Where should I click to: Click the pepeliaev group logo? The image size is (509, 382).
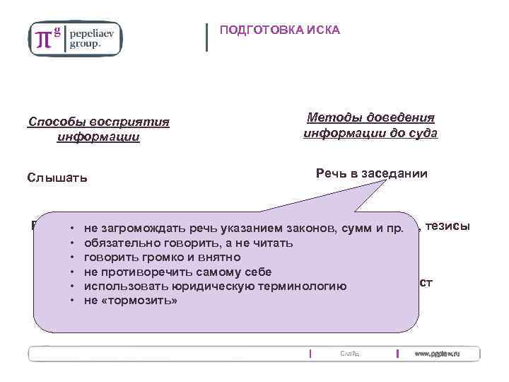pos(75,37)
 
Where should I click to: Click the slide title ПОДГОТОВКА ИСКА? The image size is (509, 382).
pos(280,30)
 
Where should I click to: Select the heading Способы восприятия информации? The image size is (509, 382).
pos(98,129)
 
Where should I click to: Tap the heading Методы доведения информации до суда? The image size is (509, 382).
pos(370,125)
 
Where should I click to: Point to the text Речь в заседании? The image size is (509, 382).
pos(371,173)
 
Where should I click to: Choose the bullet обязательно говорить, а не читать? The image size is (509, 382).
pos(188,243)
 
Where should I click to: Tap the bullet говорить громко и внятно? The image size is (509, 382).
pos(162,257)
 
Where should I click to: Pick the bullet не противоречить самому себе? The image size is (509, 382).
pos(177,272)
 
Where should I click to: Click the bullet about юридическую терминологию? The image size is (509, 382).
pos(215,286)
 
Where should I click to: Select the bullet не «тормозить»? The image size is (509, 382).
pos(130,300)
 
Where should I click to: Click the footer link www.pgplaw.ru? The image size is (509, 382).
pos(436,353)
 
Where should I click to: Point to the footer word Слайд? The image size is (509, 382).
pos(349,353)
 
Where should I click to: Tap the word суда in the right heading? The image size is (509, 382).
pos(422,132)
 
